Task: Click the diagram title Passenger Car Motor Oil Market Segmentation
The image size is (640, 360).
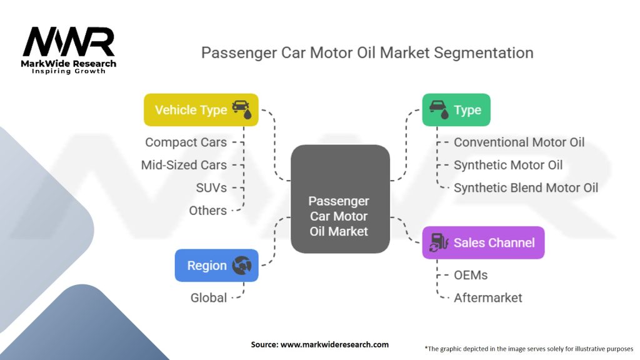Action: click(367, 52)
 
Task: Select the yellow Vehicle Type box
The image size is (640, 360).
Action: click(201, 110)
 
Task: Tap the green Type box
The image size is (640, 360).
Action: click(456, 110)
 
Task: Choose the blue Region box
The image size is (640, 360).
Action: click(216, 266)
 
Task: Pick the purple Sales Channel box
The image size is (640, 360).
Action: click(483, 242)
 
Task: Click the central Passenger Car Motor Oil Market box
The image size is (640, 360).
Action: click(340, 216)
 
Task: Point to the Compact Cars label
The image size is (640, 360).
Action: click(186, 142)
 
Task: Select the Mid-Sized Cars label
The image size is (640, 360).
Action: click(184, 165)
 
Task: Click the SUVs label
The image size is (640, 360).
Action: click(211, 187)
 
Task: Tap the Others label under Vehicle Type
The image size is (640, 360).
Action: click(207, 211)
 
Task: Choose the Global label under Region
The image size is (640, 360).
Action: click(209, 297)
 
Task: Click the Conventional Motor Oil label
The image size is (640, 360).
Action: click(519, 142)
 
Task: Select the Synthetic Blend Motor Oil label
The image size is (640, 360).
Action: click(526, 187)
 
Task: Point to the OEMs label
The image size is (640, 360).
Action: click(471, 275)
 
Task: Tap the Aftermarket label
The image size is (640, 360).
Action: click(488, 297)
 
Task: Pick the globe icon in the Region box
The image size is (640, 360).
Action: click(241, 266)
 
